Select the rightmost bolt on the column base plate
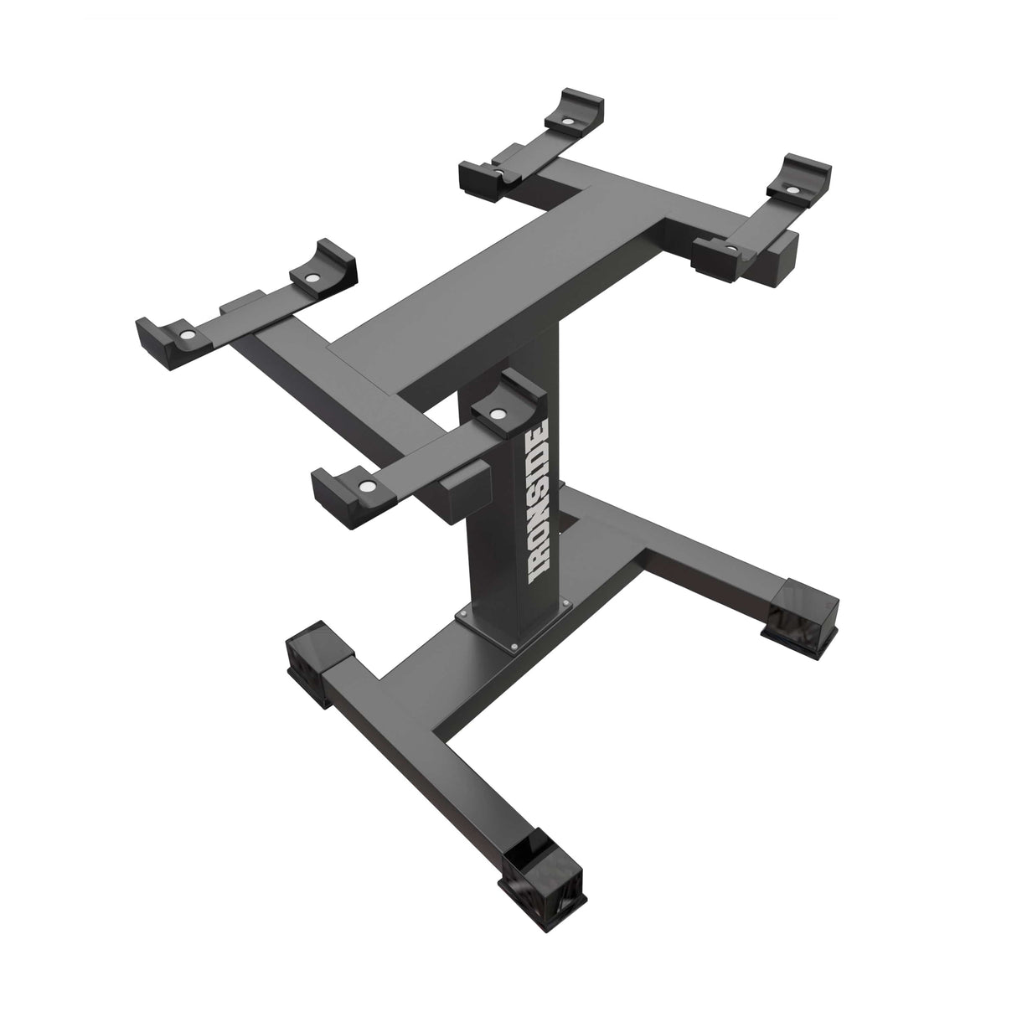coord(567,602)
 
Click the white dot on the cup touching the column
coord(498,413)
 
